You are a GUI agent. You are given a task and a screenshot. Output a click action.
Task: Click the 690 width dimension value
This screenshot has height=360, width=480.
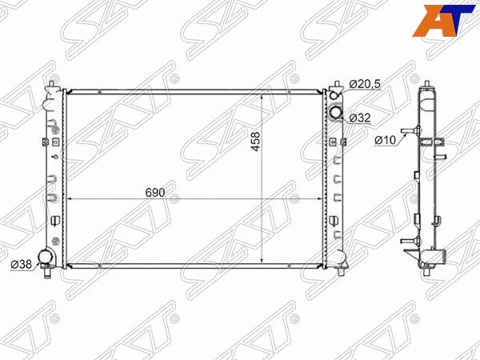(155, 193)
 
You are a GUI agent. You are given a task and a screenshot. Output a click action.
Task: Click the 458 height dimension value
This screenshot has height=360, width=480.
(255, 141)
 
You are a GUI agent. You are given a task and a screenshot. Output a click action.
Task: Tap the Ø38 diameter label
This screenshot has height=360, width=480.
(21, 264)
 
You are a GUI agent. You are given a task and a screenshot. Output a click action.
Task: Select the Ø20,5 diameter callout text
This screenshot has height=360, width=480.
(365, 83)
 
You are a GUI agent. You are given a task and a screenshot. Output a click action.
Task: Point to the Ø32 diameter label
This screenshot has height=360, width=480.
(360, 118)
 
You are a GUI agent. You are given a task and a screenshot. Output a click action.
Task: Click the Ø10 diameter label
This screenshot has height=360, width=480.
(385, 140)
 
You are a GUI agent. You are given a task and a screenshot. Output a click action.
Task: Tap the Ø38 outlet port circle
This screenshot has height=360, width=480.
(45, 257)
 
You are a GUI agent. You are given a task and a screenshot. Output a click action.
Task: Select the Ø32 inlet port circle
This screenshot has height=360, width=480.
(336, 112)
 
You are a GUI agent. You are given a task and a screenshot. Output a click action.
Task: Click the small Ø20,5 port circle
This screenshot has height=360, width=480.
(334, 95)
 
